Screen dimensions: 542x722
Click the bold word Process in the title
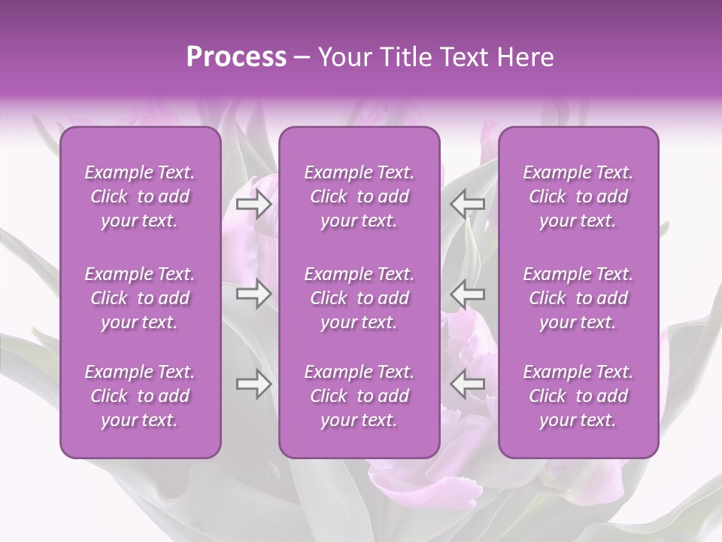[236, 57]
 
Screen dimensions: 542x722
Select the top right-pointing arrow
[253, 203]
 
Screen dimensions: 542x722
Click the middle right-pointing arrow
[253, 293]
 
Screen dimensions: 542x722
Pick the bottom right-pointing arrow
[253, 384]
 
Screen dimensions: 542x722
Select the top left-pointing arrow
[468, 203]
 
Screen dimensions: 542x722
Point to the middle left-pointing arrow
[468, 293]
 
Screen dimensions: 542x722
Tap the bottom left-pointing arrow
[468, 384]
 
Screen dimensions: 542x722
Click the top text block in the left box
[140, 196]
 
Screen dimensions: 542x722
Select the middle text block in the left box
[140, 298]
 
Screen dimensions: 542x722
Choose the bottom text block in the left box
[140, 396]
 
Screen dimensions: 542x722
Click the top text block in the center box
[359, 196]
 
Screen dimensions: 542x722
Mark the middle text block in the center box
[359, 298]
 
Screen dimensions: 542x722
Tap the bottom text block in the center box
[359, 396]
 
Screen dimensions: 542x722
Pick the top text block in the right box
[578, 196]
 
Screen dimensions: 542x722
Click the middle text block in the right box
[578, 298]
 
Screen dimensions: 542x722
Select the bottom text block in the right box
[578, 396]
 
